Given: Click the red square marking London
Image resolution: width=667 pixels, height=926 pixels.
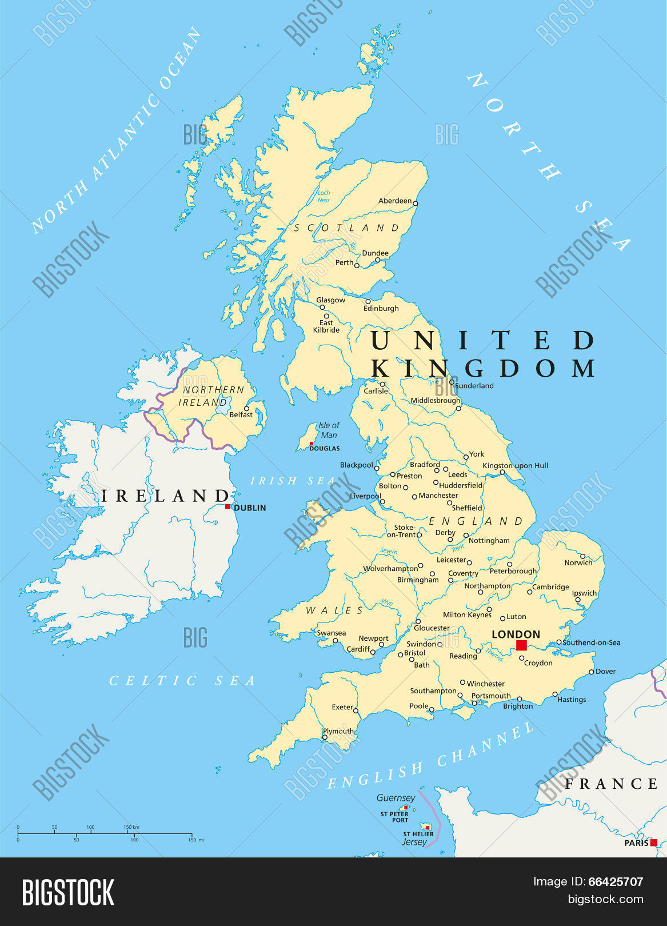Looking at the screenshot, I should tap(521, 645).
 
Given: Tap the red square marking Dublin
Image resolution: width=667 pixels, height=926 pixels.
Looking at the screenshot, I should tap(227, 506).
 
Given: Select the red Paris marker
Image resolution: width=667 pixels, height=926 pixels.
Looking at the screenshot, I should tap(654, 843).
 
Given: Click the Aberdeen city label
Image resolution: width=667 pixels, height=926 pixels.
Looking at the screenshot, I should tap(395, 201).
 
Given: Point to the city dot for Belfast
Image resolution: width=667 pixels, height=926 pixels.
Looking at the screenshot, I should tap(247, 409).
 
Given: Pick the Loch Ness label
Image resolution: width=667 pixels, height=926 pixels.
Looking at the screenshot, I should tap(324, 197).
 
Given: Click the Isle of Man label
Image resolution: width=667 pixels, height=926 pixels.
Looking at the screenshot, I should tap(329, 430).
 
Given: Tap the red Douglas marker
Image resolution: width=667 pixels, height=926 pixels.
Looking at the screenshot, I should tap(311, 444).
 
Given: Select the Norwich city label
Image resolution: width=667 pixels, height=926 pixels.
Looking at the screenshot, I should tap(578, 563).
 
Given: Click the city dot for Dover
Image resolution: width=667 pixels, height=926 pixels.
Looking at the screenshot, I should tap(592, 672).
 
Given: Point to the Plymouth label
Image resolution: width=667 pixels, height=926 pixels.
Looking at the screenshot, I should tap(338, 731).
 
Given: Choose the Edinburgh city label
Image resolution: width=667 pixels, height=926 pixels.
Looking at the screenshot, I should tap(381, 309).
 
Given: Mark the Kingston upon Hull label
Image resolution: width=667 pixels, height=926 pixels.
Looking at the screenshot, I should tap(516, 466).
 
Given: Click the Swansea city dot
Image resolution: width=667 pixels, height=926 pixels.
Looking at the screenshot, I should tap(336, 641).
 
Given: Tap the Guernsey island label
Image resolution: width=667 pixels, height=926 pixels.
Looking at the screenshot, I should tap(396, 798).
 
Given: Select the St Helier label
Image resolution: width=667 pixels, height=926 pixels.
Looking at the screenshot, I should tap(418, 835).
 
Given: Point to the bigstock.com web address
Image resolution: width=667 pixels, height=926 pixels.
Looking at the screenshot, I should tap(605, 900).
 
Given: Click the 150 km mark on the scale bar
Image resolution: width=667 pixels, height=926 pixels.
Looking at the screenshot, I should tap(132, 827).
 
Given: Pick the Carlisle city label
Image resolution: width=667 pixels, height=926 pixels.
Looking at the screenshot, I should tap(376, 392).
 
